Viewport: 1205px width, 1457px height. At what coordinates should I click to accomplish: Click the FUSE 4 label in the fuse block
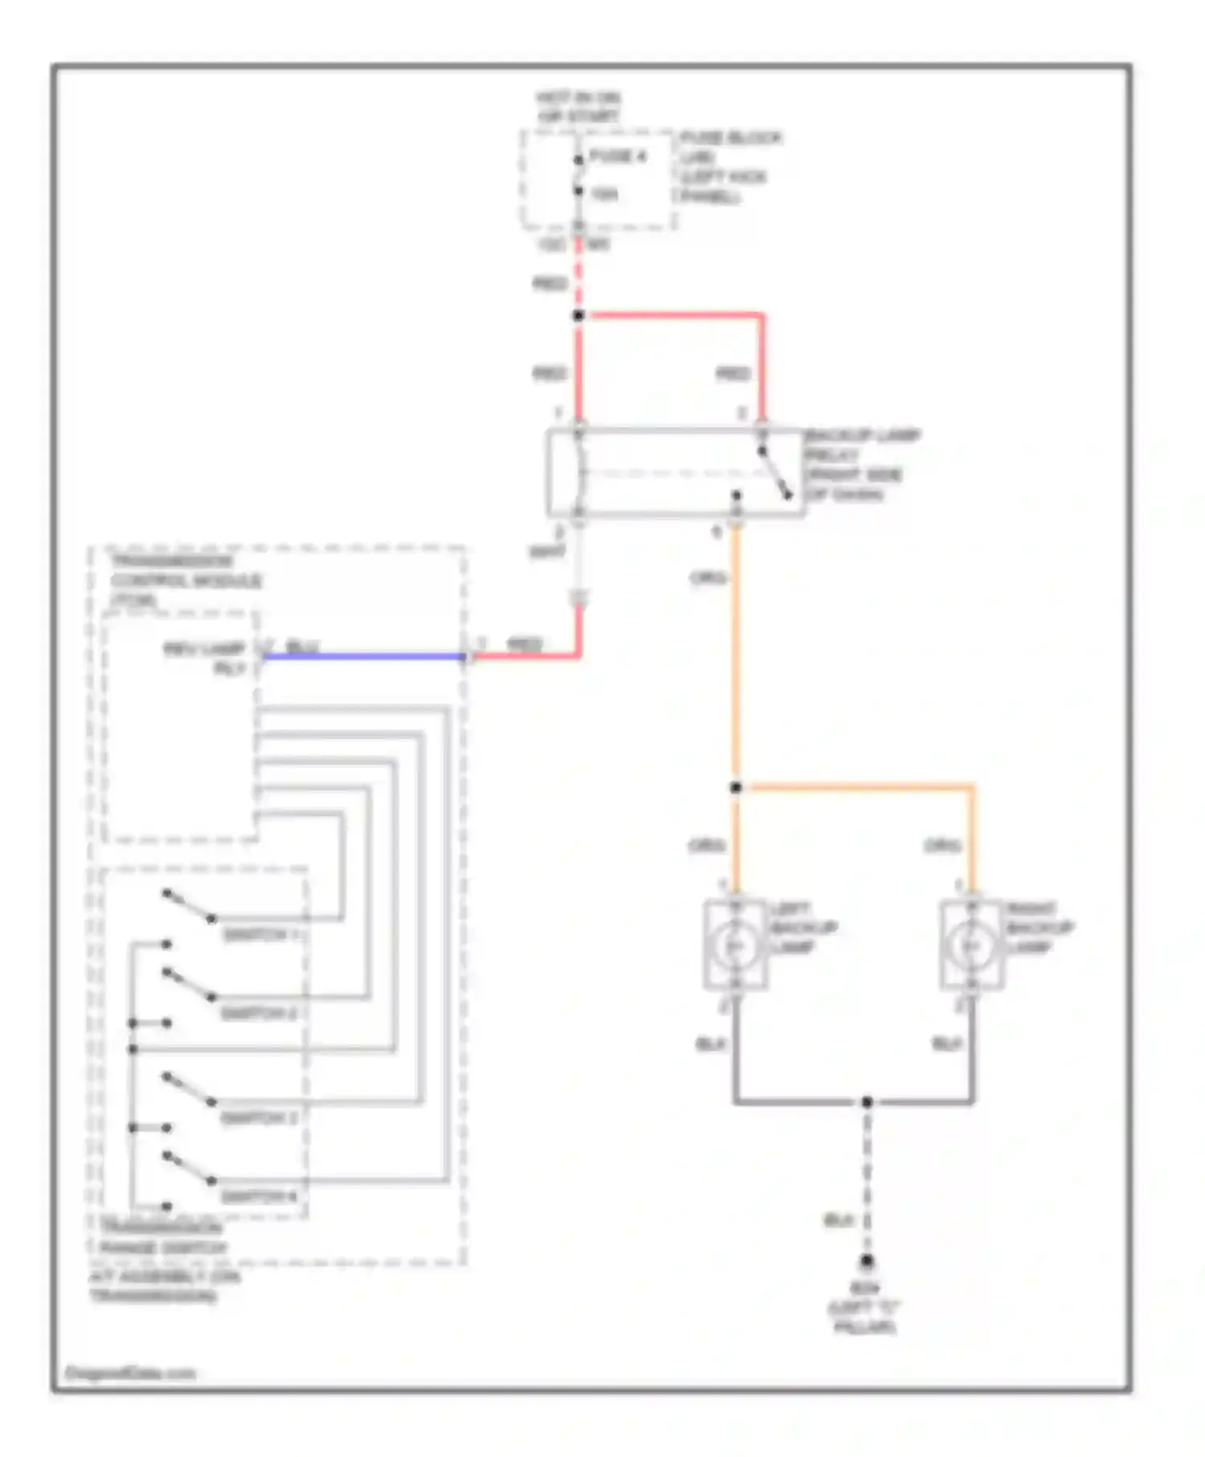tap(617, 156)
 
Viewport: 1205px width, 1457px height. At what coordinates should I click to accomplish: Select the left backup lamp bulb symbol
tap(735, 946)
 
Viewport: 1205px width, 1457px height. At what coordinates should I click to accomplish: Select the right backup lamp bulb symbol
tap(971, 946)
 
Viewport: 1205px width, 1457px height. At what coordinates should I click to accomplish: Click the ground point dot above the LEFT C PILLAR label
tap(866, 1262)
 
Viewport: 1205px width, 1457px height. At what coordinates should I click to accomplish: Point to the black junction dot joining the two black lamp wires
tap(866, 1102)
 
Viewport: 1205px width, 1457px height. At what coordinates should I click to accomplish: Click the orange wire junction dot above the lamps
tap(736, 788)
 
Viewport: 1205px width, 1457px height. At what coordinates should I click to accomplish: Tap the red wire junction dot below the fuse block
tap(578, 316)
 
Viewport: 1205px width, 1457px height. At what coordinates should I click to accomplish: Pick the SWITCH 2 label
tap(259, 1014)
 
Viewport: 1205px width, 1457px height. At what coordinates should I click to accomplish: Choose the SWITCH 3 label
tap(259, 1118)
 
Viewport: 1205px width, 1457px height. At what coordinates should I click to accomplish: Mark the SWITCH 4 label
tap(259, 1197)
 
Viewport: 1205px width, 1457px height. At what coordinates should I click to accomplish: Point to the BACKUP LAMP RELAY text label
tap(861, 464)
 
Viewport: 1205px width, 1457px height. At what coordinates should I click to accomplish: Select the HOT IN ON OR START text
tap(578, 107)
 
